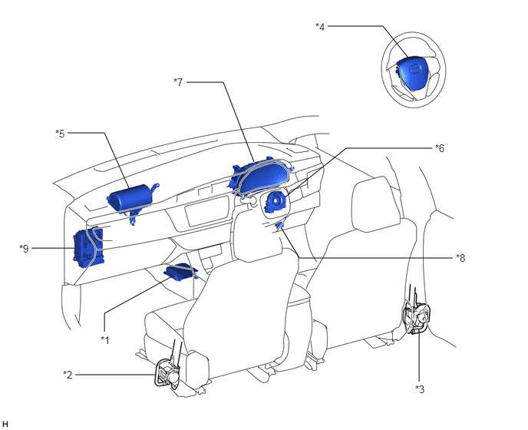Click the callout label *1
click(x=105, y=338)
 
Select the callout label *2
click(x=68, y=374)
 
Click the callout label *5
click(x=60, y=133)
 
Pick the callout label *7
click(x=178, y=81)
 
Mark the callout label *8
click(x=460, y=257)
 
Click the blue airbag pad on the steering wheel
click(x=411, y=75)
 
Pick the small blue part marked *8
click(x=281, y=225)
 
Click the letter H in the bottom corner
click(x=5, y=423)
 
